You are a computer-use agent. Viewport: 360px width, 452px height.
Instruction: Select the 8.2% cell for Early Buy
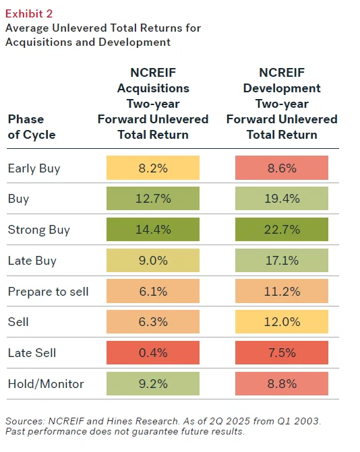pyautogui.click(x=153, y=168)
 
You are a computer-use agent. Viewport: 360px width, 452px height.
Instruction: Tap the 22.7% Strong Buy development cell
pyautogui.click(x=282, y=230)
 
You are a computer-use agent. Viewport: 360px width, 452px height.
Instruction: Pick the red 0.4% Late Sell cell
pyautogui.click(x=153, y=352)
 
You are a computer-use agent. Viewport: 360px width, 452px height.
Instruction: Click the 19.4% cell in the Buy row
pyautogui.click(x=282, y=199)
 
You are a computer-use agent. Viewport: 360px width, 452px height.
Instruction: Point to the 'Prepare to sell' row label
pyautogui.click(x=48, y=292)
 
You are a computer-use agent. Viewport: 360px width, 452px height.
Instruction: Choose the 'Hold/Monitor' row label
pyautogui.click(x=46, y=383)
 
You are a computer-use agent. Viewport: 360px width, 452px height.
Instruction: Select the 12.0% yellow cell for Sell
pyautogui.click(x=282, y=322)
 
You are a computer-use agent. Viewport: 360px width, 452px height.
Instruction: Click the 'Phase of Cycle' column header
pyautogui.click(x=32, y=127)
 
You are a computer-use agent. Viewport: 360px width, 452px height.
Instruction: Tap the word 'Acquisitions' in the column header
pyautogui.click(x=153, y=88)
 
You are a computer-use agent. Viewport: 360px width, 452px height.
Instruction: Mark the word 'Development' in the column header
pyautogui.click(x=282, y=88)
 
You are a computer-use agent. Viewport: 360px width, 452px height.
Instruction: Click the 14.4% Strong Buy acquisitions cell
pyautogui.click(x=153, y=230)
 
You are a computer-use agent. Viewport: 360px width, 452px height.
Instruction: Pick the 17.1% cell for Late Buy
pyautogui.click(x=282, y=261)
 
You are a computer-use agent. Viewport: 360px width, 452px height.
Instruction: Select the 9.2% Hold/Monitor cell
pyautogui.click(x=153, y=383)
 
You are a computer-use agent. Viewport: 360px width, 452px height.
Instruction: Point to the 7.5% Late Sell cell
pyautogui.click(x=282, y=352)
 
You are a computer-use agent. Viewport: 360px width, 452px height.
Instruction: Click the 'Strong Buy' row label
pyautogui.click(x=38, y=230)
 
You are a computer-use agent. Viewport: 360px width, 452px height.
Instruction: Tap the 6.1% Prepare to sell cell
pyautogui.click(x=153, y=292)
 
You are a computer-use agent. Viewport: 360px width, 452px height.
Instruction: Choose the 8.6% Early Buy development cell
pyautogui.click(x=282, y=168)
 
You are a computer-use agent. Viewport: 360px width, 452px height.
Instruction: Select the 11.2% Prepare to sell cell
pyautogui.click(x=282, y=292)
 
